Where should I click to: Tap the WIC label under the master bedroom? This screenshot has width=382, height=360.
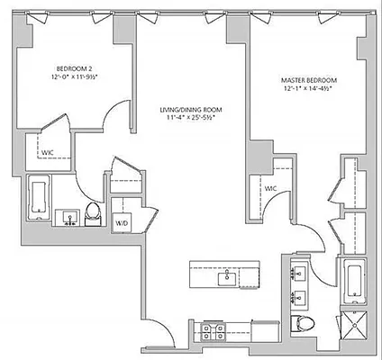pyautogui.click(x=269, y=188)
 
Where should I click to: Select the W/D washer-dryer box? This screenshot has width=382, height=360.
pyautogui.click(x=122, y=221)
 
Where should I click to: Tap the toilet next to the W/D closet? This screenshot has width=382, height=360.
pyautogui.click(x=92, y=215)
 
